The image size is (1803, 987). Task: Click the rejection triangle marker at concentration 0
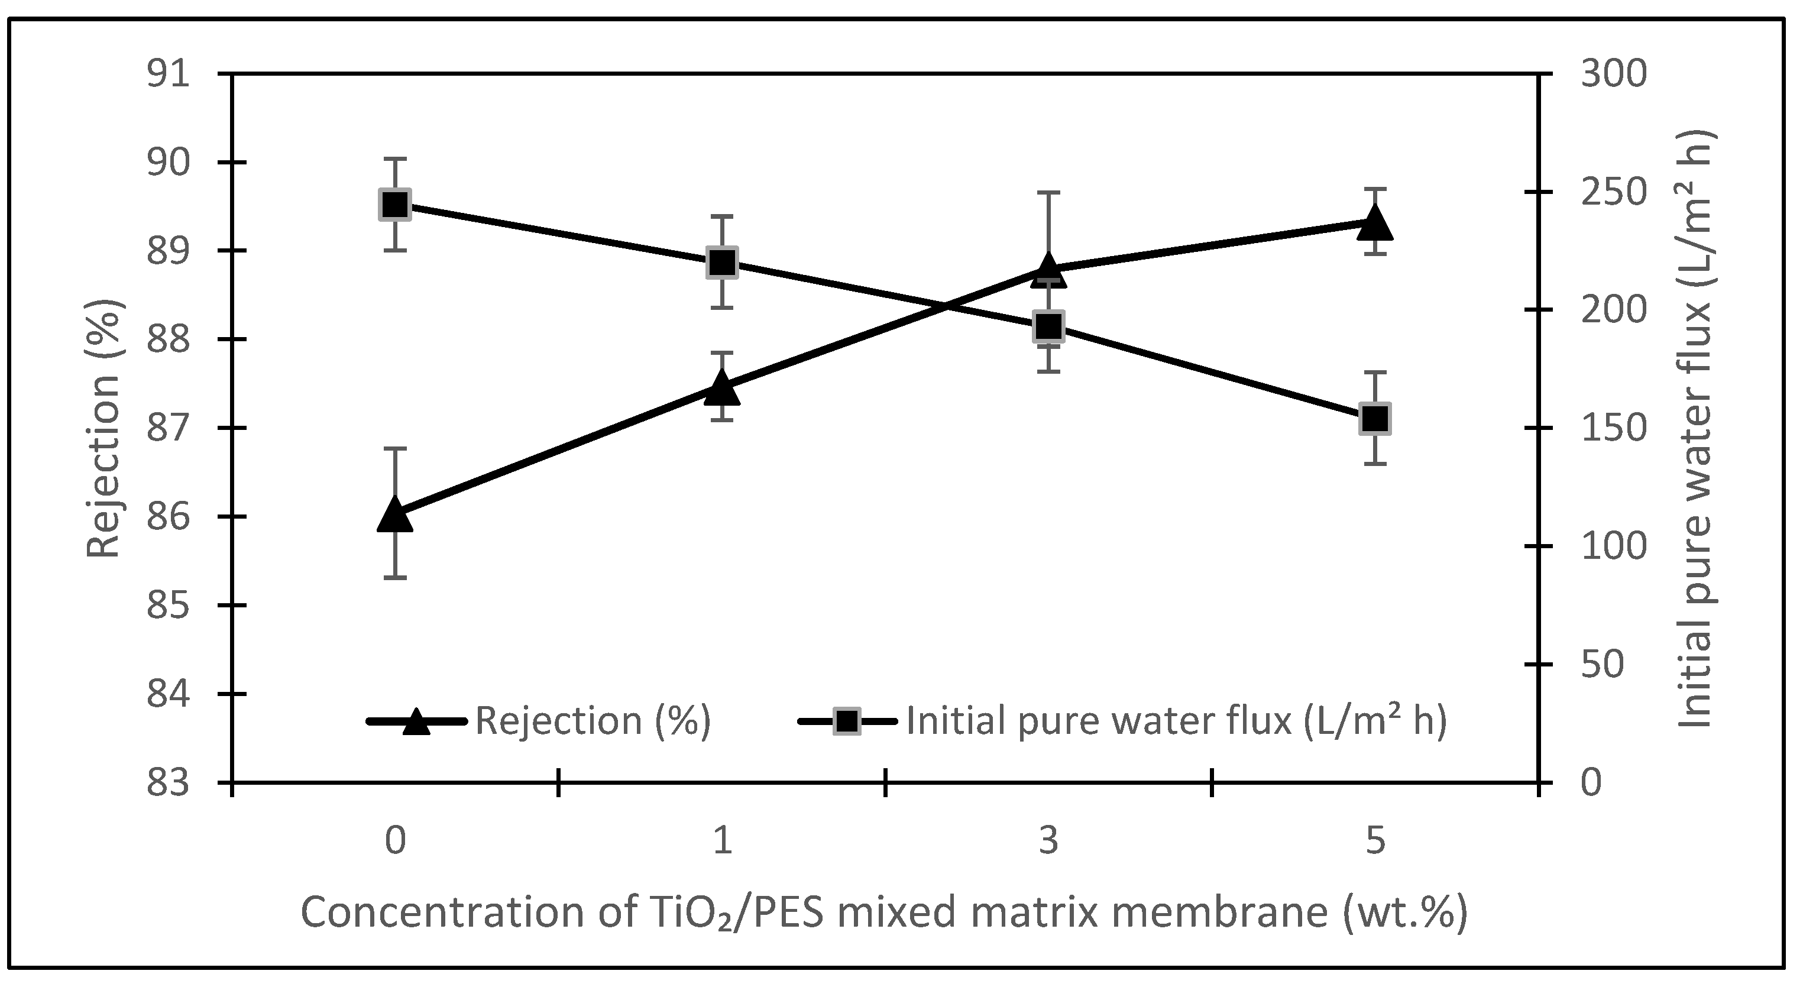tap(395, 517)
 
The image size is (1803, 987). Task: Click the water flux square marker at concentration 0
tap(395, 205)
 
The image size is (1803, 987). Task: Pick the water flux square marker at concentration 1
tap(721, 263)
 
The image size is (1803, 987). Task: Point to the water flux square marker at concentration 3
tap(1048, 327)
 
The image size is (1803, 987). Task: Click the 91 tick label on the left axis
tap(168, 73)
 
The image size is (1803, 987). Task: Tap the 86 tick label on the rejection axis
tap(168, 517)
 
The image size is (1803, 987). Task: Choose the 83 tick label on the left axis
tap(168, 782)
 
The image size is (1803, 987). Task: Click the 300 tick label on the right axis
tap(1613, 73)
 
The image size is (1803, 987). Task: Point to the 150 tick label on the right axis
tap(1613, 428)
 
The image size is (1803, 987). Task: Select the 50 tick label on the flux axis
tap(1602, 664)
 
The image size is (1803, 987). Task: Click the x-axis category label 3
tap(1048, 840)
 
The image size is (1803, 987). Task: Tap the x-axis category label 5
tap(1375, 840)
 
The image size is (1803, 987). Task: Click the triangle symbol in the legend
tap(416, 721)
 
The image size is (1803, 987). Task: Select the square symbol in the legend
tap(847, 721)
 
